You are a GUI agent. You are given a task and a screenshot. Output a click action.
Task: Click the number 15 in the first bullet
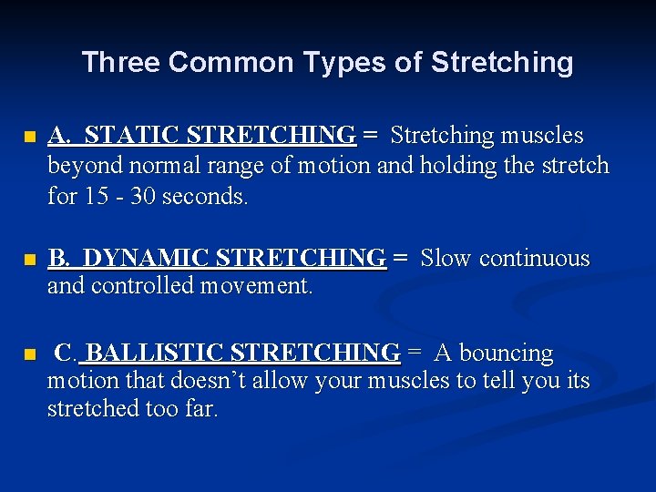pos(93,196)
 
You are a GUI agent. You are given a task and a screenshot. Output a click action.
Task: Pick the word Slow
pos(446,259)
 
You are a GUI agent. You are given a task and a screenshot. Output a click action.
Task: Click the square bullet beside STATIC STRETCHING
pos(29,138)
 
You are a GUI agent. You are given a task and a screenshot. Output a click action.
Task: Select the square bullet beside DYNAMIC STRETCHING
pos(29,261)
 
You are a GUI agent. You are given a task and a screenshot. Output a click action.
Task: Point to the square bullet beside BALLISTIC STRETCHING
pos(29,354)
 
